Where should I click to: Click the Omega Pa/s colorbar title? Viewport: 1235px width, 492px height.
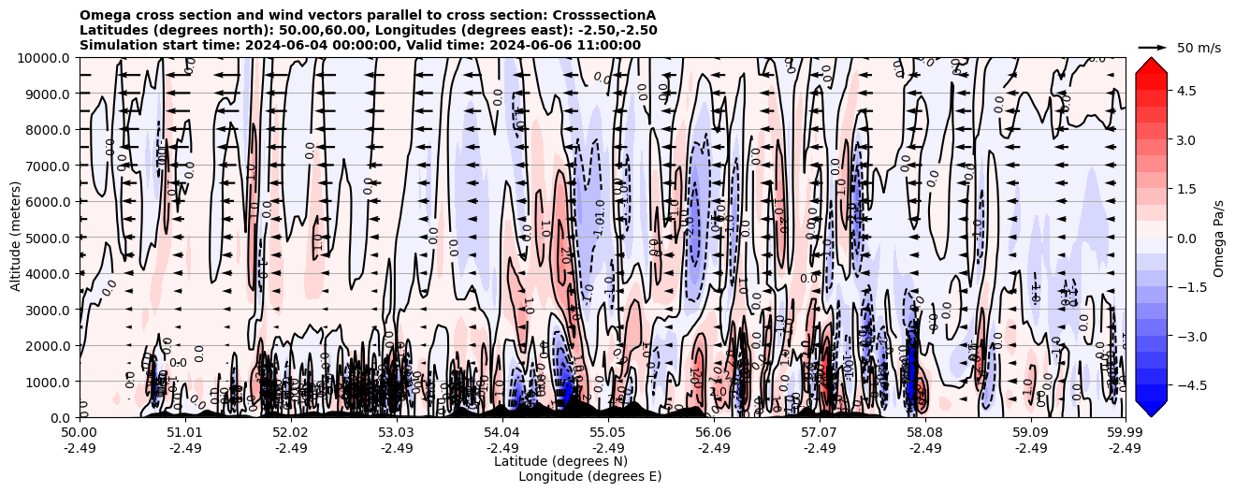click(x=1219, y=238)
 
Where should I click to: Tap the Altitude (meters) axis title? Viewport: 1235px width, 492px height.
click(x=16, y=238)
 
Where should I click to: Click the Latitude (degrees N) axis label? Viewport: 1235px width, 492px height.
click(x=560, y=461)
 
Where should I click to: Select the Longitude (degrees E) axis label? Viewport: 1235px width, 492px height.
click(x=589, y=476)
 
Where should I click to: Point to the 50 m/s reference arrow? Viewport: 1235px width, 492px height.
click(x=1152, y=47)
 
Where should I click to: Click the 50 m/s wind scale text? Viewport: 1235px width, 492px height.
click(x=1199, y=48)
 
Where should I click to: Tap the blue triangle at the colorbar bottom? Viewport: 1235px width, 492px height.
click(x=1151, y=408)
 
